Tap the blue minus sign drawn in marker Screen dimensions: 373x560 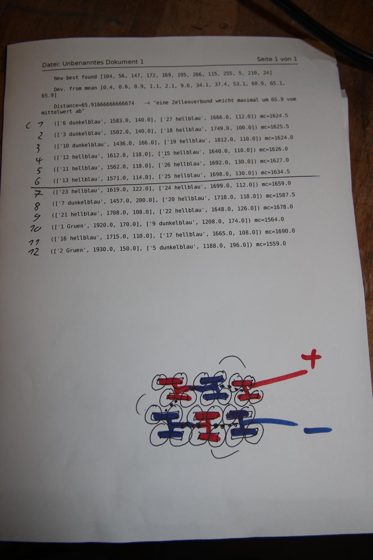pos(318,430)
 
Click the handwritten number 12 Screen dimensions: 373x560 pos(34,251)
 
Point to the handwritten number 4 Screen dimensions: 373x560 pos(39,160)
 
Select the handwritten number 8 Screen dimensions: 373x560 pos(37,206)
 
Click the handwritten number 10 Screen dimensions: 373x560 pos(35,228)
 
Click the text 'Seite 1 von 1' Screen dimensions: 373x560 pos(277,59)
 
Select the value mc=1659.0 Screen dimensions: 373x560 pos(276,184)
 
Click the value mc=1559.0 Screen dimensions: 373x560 pos(271,244)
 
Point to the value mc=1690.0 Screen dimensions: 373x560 pos(280,231)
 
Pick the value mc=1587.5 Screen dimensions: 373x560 pos(280,195)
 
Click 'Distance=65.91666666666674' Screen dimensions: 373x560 pos(94,104)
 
